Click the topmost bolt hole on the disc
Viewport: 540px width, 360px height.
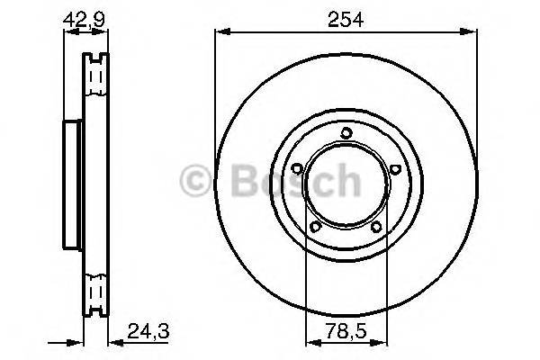pyautogui.click(x=346, y=134)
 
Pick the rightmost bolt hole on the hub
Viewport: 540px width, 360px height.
pyautogui.click(x=394, y=168)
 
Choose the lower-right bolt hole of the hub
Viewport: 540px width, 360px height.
pyautogui.click(x=376, y=226)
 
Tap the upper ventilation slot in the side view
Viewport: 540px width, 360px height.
pyautogui.click(x=93, y=76)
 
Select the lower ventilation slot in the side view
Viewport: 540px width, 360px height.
pyautogui.click(x=93, y=292)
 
